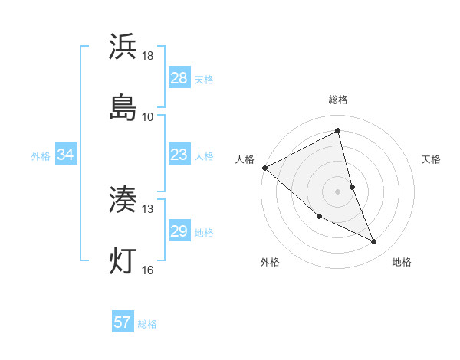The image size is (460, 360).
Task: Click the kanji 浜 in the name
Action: [123, 47]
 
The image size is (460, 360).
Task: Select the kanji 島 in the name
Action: [123, 108]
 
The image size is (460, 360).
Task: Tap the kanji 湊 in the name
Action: [123, 201]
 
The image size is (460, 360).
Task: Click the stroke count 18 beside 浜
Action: [148, 56]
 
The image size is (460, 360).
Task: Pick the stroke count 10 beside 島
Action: [148, 117]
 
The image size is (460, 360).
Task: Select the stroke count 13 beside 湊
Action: [148, 209]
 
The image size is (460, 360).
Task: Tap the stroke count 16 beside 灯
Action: [148, 270]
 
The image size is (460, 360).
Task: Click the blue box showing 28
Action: [179, 78]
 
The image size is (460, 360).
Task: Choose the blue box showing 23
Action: [179, 155]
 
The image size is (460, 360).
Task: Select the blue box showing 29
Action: [179, 231]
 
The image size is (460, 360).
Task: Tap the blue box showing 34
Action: [66, 155]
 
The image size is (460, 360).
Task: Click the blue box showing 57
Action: [123, 322]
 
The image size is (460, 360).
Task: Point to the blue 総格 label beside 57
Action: [147, 324]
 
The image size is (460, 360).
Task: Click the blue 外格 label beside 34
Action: [41, 156]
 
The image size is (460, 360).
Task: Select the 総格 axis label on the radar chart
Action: [338, 100]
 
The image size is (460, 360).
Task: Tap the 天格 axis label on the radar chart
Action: [432, 159]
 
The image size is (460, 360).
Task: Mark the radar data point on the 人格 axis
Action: [264, 167]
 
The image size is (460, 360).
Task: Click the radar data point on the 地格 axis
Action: [374, 242]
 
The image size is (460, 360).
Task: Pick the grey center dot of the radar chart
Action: [338, 191]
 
